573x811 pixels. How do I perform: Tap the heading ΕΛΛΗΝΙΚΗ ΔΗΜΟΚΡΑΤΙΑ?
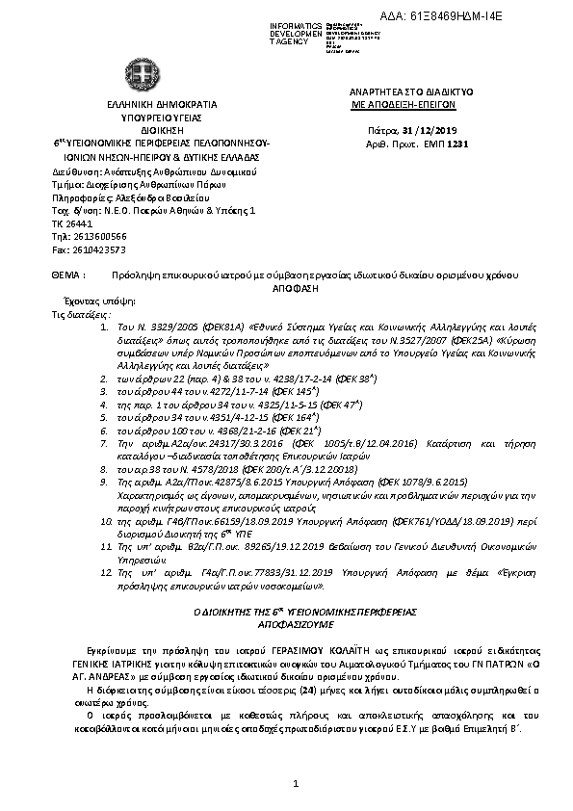[148, 104]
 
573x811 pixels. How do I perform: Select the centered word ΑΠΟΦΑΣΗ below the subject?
[287, 287]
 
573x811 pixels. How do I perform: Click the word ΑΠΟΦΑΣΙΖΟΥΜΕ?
[285, 622]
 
